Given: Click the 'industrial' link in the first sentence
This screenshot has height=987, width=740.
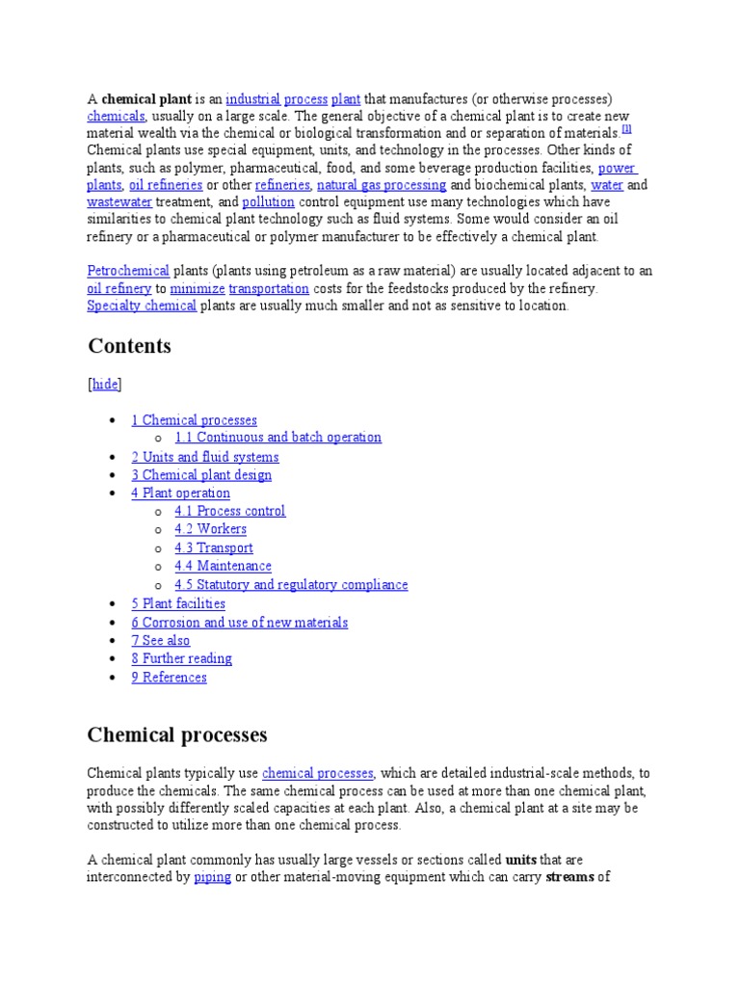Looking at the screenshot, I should [x=252, y=99].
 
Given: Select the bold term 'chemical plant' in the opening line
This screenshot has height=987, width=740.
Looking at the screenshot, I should [x=146, y=99].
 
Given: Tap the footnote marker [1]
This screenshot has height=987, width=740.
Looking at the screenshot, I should [x=626, y=130].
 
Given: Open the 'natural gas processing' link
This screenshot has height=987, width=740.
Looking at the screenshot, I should [x=382, y=185].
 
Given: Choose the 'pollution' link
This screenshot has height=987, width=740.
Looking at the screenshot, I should [x=268, y=202].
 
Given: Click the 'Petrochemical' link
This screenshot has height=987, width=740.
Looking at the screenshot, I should [x=128, y=271].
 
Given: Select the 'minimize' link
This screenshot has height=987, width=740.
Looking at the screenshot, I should [x=198, y=288].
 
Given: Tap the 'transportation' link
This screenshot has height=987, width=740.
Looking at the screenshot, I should [x=269, y=288].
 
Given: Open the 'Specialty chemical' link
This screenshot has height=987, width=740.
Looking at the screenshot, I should [x=142, y=306].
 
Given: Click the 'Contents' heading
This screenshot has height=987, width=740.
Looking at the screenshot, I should [x=129, y=346].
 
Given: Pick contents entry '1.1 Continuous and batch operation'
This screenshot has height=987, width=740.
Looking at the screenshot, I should [x=277, y=438].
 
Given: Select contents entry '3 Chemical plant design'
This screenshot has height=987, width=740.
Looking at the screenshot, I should [x=201, y=475].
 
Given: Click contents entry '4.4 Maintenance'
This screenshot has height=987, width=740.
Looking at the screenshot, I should [x=223, y=566].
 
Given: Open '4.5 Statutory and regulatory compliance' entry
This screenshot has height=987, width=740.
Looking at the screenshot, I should [x=291, y=585].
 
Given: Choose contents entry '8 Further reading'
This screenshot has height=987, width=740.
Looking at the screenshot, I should [x=181, y=659].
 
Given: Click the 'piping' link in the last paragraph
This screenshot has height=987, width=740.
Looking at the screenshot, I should [x=212, y=878].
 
